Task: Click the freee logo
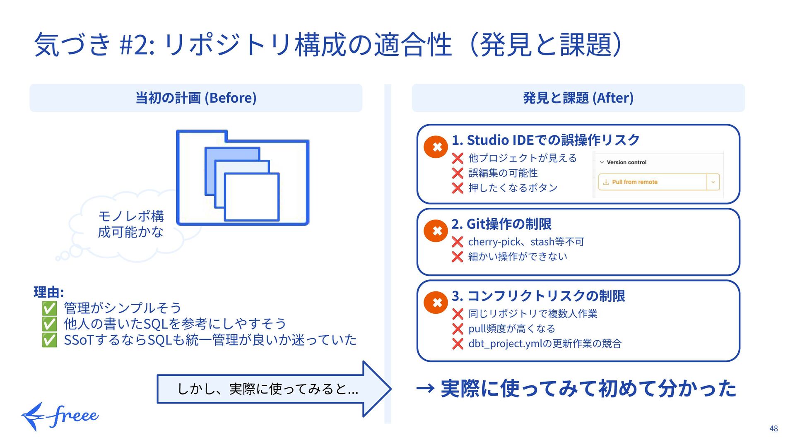pyautogui.click(x=60, y=416)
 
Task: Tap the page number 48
pyautogui.click(x=773, y=429)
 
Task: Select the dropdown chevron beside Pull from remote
pyautogui.click(x=713, y=182)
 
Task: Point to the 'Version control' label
pyautogui.click(x=626, y=162)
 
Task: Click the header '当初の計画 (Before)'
pyautogui.click(x=196, y=98)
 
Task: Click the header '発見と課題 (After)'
pyautogui.click(x=578, y=98)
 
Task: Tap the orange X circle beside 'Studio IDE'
pyautogui.click(x=436, y=147)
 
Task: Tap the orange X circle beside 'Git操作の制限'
pyautogui.click(x=436, y=231)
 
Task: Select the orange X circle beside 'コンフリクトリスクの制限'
pyautogui.click(x=436, y=303)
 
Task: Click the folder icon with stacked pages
pyautogui.click(x=243, y=178)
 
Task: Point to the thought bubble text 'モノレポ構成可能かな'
pyautogui.click(x=131, y=224)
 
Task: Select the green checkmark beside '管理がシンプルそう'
pyautogui.click(x=49, y=308)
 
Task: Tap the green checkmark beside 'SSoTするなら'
pyautogui.click(x=49, y=340)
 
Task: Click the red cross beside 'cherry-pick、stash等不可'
pyautogui.click(x=457, y=242)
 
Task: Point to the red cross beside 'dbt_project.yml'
pyautogui.click(x=457, y=344)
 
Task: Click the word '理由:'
pyautogui.click(x=48, y=292)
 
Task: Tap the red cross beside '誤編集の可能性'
pyautogui.click(x=457, y=173)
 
